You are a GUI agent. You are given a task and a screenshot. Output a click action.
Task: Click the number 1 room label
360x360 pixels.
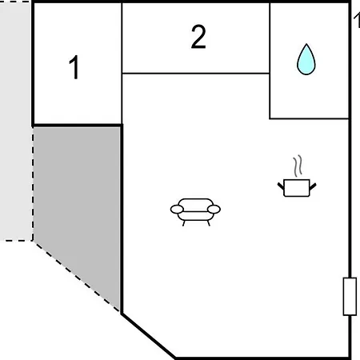pos(74,67)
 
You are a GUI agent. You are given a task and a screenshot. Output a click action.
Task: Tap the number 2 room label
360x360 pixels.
pos(198,37)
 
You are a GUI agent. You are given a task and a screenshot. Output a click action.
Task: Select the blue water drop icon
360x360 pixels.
pos(306,59)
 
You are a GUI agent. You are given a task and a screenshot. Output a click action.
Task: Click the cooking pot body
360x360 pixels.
pos(297,188)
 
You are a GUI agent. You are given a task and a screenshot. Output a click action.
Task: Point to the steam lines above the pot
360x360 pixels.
pos(298,166)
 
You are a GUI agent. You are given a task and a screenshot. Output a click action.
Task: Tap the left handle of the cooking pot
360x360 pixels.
pos(281,186)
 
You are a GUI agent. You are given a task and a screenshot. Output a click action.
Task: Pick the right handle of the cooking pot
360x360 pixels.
pos(313,186)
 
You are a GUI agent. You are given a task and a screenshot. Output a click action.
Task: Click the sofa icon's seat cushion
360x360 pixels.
pos(195,216)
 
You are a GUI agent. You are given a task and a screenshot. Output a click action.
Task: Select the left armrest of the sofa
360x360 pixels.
pos(177,210)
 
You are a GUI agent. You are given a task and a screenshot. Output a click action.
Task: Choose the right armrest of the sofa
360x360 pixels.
pos(214,210)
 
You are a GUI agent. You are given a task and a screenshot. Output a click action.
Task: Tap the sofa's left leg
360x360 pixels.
pos(184,223)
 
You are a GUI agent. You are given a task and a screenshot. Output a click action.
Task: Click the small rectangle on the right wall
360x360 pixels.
pos(350,297)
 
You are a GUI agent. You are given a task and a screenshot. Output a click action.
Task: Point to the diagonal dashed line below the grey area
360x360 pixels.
pos(76,276)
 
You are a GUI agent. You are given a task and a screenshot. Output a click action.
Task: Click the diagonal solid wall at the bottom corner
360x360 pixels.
pos(148,336)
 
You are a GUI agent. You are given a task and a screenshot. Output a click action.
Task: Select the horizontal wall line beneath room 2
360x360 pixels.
pos(195,73)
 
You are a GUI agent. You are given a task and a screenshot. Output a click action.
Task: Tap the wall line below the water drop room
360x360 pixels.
pos(310,118)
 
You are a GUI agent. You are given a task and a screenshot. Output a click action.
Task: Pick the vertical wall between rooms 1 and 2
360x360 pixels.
pos(122,63)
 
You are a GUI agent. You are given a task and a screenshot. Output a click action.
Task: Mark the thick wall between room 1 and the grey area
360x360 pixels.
pos(78,125)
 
